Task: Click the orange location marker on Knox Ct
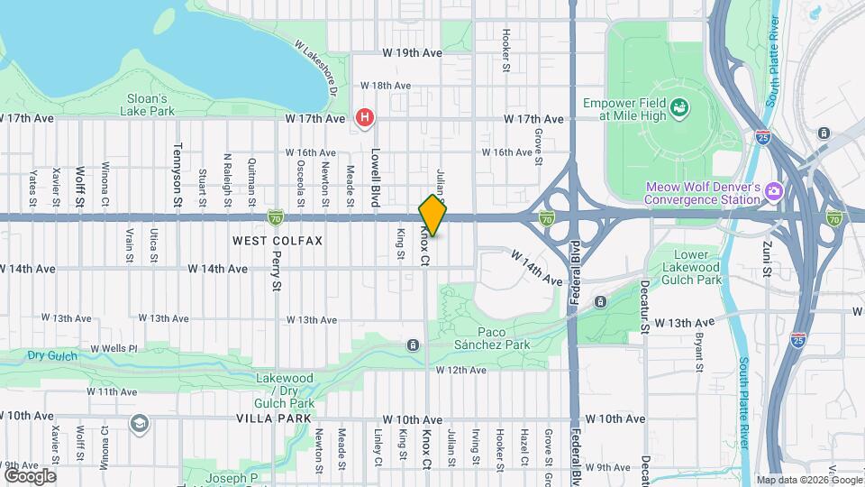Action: (x=432, y=216)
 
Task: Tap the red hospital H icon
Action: (x=365, y=117)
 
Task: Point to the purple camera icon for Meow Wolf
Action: (x=772, y=191)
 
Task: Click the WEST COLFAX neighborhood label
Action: (x=277, y=241)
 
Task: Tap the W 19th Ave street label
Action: (x=412, y=53)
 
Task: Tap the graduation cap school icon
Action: (x=140, y=423)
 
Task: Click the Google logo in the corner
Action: (x=30, y=475)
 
